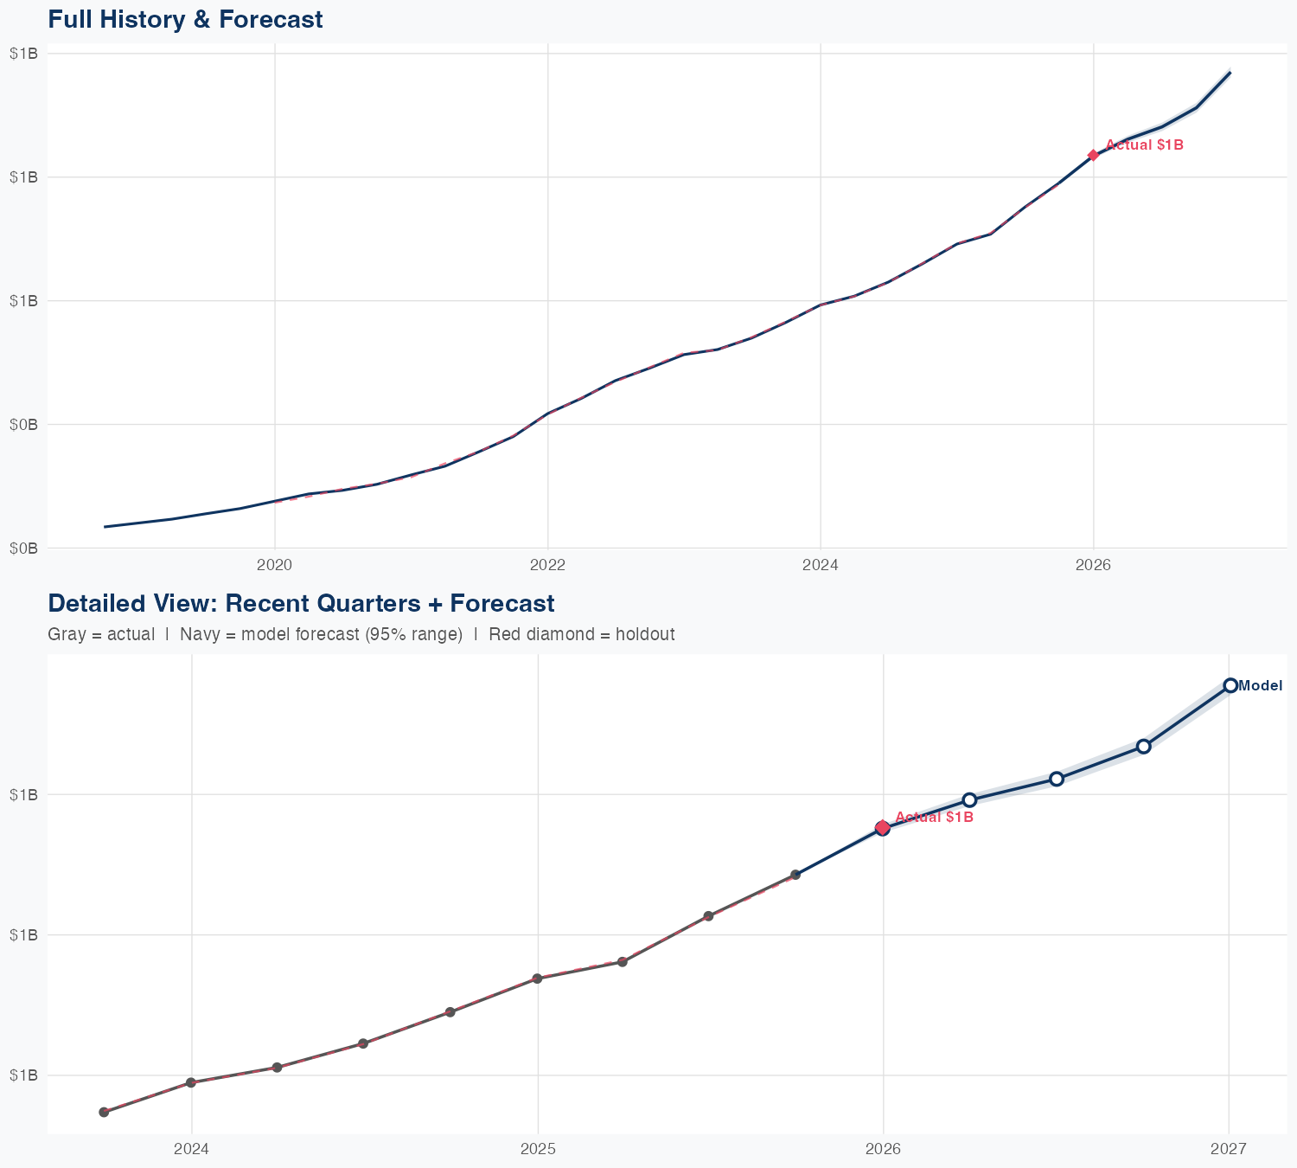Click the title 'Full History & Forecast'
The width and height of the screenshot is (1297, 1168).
click(x=185, y=20)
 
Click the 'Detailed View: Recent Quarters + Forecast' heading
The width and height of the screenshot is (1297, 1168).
click(x=301, y=603)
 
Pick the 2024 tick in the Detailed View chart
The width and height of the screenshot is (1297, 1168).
click(x=191, y=1149)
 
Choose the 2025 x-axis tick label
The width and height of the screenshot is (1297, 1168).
click(x=538, y=1149)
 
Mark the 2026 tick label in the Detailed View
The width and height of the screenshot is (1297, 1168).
click(x=883, y=1149)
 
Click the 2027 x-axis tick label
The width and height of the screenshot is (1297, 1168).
click(x=1229, y=1149)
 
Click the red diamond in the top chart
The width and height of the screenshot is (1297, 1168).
click(x=1093, y=155)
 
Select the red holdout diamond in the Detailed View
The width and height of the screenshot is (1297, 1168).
click(x=882, y=827)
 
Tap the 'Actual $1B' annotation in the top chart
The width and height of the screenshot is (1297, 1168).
click(x=1144, y=145)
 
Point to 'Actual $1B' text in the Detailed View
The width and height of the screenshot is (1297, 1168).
click(x=934, y=817)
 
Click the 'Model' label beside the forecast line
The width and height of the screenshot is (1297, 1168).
click(x=1260, y=686)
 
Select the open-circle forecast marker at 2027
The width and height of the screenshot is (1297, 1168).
click(x=1230, y=685)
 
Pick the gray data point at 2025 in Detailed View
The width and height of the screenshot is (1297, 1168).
click(x=537, y=979)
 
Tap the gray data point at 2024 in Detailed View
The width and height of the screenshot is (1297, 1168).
click(x=191, y=1082)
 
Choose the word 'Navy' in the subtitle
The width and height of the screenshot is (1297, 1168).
click(x=198, y=635)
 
